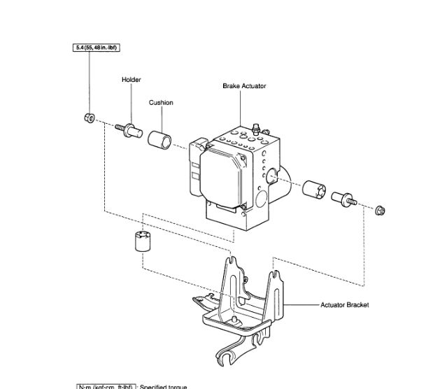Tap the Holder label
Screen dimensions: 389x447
tap(131, 80)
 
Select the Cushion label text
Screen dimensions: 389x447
tap(161, 103)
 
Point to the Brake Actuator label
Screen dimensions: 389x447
tap(244, 86)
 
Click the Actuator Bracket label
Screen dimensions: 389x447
tap(344, 305)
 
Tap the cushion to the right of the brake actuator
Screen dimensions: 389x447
tap(315, 189)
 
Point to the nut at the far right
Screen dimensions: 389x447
tap(380, 208)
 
